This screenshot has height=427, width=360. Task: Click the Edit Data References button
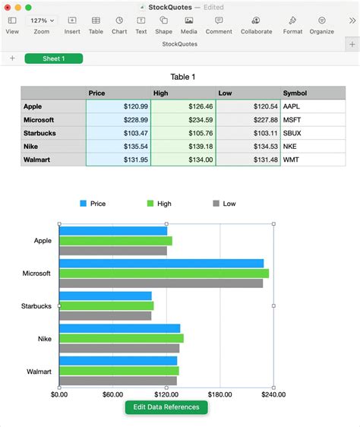166,407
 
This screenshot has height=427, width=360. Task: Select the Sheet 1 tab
53,59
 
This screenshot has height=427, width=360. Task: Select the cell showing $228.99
118,120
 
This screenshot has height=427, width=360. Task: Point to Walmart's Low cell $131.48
248,160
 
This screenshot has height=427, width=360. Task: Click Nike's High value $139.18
183,147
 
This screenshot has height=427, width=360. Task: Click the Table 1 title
183,77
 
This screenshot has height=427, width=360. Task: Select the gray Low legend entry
224,204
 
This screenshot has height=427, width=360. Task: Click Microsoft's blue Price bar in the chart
161,264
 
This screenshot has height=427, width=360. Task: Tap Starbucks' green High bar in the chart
106,306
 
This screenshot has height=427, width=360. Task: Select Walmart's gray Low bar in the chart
118,381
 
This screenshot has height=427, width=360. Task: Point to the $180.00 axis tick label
219,394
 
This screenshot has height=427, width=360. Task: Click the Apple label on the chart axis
43,241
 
